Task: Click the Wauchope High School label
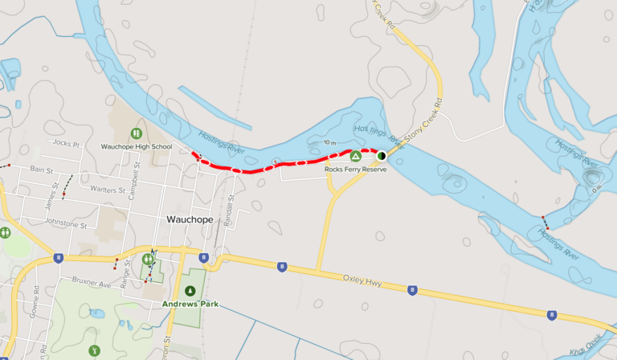[136, 147]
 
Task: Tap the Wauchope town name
[190, 219]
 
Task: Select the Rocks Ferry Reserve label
[356, 170]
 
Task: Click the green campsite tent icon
[355, 156]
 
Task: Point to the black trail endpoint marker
[382, 156]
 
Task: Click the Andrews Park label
[190, 304]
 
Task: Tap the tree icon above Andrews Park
[190, 290]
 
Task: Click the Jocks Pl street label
[66, 145]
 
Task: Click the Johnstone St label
[67, 222]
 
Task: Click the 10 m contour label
[331, 142]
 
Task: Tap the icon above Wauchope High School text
[136, 133]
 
